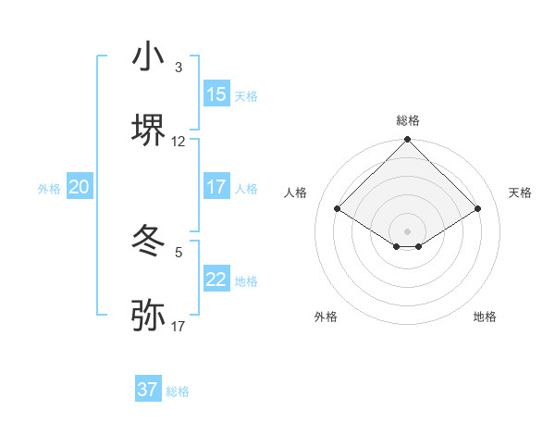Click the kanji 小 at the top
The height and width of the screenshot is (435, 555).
(x=148, y=57)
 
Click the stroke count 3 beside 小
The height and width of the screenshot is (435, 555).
(x=179, y=68)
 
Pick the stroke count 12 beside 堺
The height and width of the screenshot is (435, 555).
(x=179, y=142)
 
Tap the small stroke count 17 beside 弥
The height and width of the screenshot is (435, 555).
(x=179, y=327)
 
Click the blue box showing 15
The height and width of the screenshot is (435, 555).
(x=216, y=94)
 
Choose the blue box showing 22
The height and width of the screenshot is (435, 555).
(x=216, y=280)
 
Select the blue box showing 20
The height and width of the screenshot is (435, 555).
(x=79, y=187)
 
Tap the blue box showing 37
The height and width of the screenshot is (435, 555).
(x=147, y=390)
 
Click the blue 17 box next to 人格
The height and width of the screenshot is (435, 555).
(x=216, y=187)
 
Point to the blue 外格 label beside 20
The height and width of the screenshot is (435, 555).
(x=49, y=188)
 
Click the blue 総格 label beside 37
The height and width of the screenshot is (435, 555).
(x=178, y=391)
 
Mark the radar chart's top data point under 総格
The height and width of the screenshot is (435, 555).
(x=407, y=140)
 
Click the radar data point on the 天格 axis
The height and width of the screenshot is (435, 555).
(x=478, y=209)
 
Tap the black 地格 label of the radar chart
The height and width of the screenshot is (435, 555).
(x=485, y=317)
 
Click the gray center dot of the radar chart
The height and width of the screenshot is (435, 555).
(x=407, y=230)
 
